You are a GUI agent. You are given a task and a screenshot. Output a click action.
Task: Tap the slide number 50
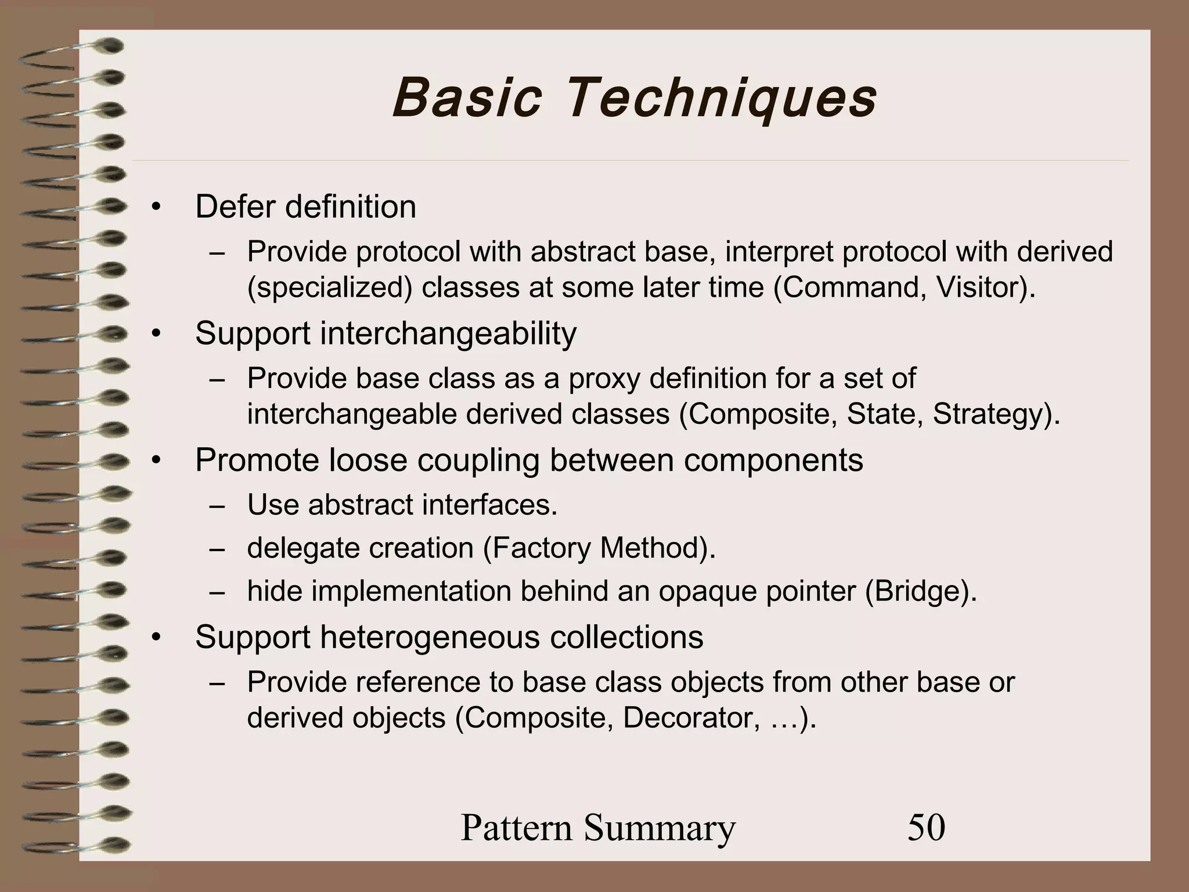[x=926, y=827]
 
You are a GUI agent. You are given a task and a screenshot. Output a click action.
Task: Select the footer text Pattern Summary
[x=598, y=827]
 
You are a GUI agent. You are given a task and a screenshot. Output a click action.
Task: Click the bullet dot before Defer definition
[x=155, y=207]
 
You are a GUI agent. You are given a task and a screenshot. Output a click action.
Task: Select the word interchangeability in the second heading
[x=448, y=333]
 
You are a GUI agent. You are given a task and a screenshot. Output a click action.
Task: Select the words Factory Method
[x=598, y=548]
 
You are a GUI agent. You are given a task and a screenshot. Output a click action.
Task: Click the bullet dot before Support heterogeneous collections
[x=155, y=638]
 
